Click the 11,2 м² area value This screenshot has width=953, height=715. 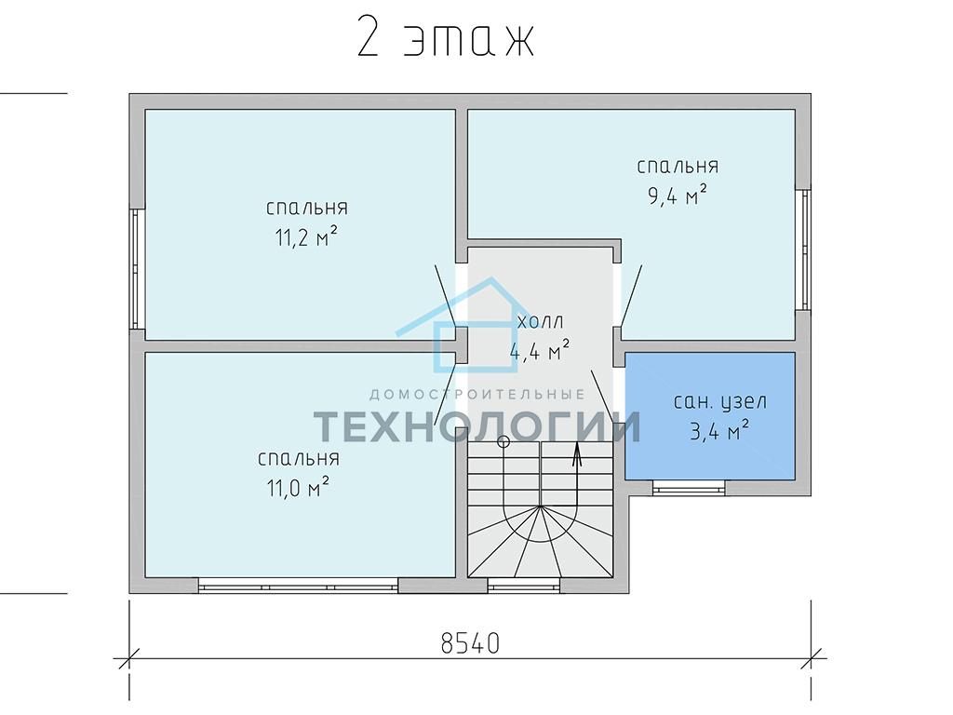tap(306, 236)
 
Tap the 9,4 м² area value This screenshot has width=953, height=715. tap(678, 196)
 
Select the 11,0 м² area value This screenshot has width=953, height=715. tap(299, 487)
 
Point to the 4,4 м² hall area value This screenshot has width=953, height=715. tap(539, 350)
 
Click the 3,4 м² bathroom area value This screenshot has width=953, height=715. tap(719, 430)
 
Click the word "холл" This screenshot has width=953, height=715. tap(541, 321)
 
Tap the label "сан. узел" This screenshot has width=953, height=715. tap(720, 402)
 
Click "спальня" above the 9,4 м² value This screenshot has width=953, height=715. tap(678, 166)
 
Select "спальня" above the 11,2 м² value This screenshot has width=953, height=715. tap(307, 208)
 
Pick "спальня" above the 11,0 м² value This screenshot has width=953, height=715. tap(299, 458)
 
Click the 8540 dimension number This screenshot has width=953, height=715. tap(470, 642)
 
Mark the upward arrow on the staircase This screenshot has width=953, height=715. tap(576, 453)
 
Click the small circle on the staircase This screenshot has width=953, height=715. tap(503, 442)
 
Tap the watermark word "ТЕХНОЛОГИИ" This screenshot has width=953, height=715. tap(477, 425)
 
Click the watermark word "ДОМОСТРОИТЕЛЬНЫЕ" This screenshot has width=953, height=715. tap(477, 395)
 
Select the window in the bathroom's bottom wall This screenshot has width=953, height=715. tap(690, 487)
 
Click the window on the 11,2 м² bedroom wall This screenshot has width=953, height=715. tap(138, 269)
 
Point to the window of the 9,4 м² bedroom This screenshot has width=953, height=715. tap(803, 250)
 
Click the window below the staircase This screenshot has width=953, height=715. tap(524, 586)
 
